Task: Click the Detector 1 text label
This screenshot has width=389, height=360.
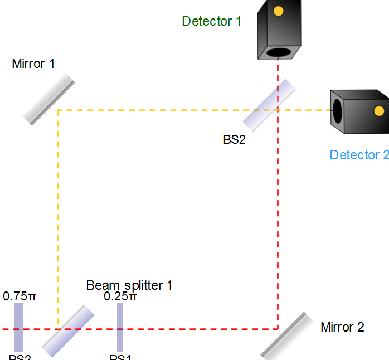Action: click(212, 22)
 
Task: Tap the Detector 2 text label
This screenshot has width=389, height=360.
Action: click(359, 155)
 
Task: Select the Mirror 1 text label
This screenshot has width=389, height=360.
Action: click(33, 64)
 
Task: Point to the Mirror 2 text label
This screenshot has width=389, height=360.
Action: click(342, 327)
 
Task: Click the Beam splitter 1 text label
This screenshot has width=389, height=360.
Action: click(129, 285)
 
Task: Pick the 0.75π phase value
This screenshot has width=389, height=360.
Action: click(20, 296)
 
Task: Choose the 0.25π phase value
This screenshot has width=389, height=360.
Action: click(120, 296)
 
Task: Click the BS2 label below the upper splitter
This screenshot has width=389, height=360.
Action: click(234, 140)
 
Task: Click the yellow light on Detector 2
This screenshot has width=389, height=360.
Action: click(379, 111)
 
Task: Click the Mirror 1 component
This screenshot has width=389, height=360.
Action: click(49, 98)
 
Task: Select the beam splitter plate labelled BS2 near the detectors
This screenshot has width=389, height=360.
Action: click(269, 105)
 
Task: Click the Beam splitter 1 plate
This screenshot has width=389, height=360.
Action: click(69, 330)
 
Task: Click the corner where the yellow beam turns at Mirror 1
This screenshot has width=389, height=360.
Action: click(59, 110)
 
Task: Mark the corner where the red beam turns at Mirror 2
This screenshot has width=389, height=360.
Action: click(278, 329)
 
